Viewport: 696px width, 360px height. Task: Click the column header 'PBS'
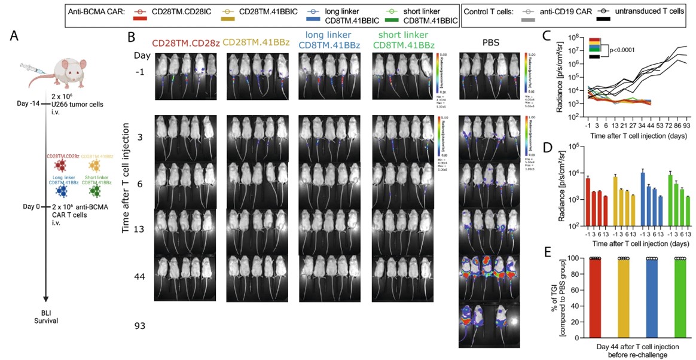point(492,44)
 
